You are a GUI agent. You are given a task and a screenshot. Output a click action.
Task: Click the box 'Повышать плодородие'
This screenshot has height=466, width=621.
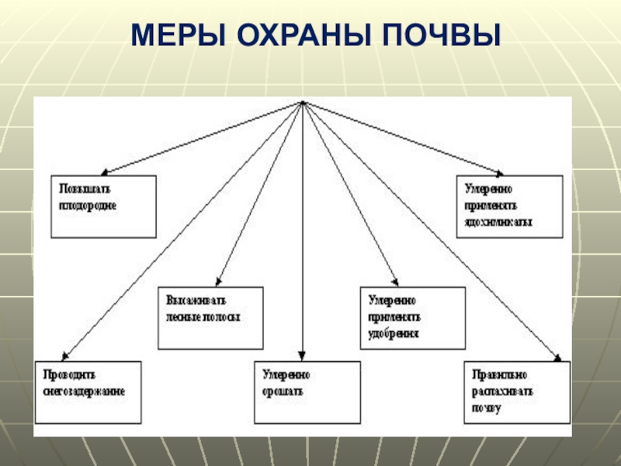coord(103,206)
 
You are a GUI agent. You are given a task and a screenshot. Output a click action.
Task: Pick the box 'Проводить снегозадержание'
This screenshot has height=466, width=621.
coord(88,391)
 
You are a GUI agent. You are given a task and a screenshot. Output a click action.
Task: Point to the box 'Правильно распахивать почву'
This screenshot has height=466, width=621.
coord(517,392)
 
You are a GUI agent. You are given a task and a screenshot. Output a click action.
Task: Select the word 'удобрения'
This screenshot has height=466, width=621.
coord(394,333)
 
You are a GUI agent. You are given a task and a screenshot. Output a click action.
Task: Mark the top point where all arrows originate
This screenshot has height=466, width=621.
coord(302,103)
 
